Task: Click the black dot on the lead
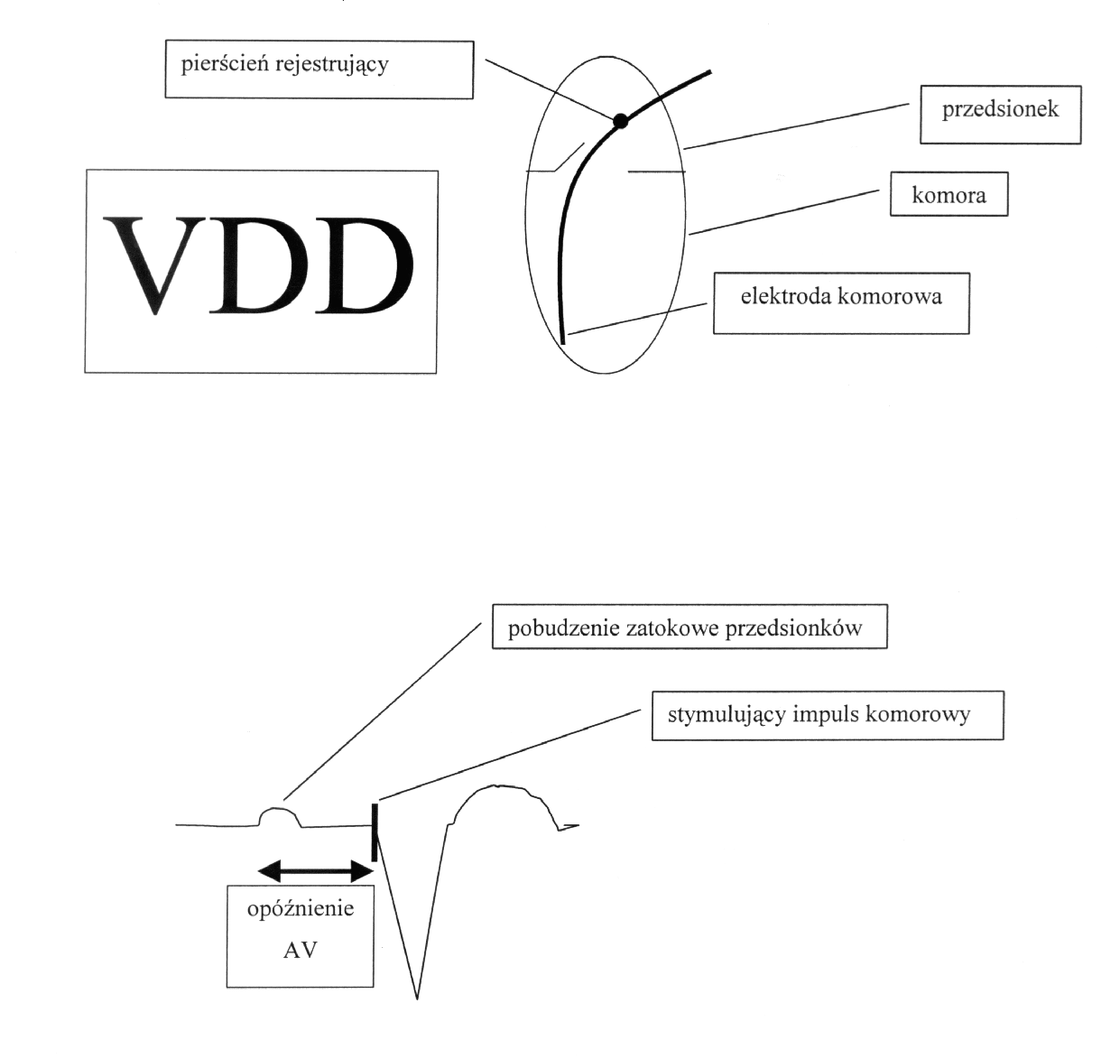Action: click(x=619, y=121)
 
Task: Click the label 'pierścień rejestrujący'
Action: click(x=284, y=65)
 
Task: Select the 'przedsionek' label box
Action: click(x=1000, y=110)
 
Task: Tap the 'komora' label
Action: click(x=949, y=195)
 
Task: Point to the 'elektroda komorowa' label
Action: click(x=840, y=296)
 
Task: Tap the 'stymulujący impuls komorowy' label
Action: click(x=819, y=715)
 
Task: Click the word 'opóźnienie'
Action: click(x=301, y=908)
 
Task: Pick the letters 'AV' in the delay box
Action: click(x=300, y=950)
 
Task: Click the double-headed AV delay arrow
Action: click(x=316, y=870)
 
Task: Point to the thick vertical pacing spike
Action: click(x=374, y=831)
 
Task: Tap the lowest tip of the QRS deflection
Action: click(x=417, y=997)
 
